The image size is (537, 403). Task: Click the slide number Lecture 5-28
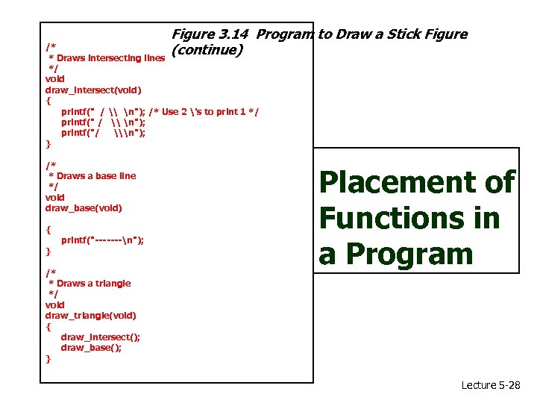pyautogui.click(x=491, y=385)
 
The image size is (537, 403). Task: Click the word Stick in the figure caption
pyautogui.click(x=399, y=34)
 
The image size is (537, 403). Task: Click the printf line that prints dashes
pyautogui.click(x=102, y=240)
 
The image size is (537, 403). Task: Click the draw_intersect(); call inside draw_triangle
pyautogui.click(x=100, y=337)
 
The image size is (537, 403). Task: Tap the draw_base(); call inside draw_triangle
pyautogui.click(x=91, y=348)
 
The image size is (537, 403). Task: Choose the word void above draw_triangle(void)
pyautogui.click(x=55, y=304)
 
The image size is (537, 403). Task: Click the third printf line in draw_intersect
pyautogui.click(x=102, y=133)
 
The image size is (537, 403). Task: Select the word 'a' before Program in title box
pyautogui.click(x=327, y=254)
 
